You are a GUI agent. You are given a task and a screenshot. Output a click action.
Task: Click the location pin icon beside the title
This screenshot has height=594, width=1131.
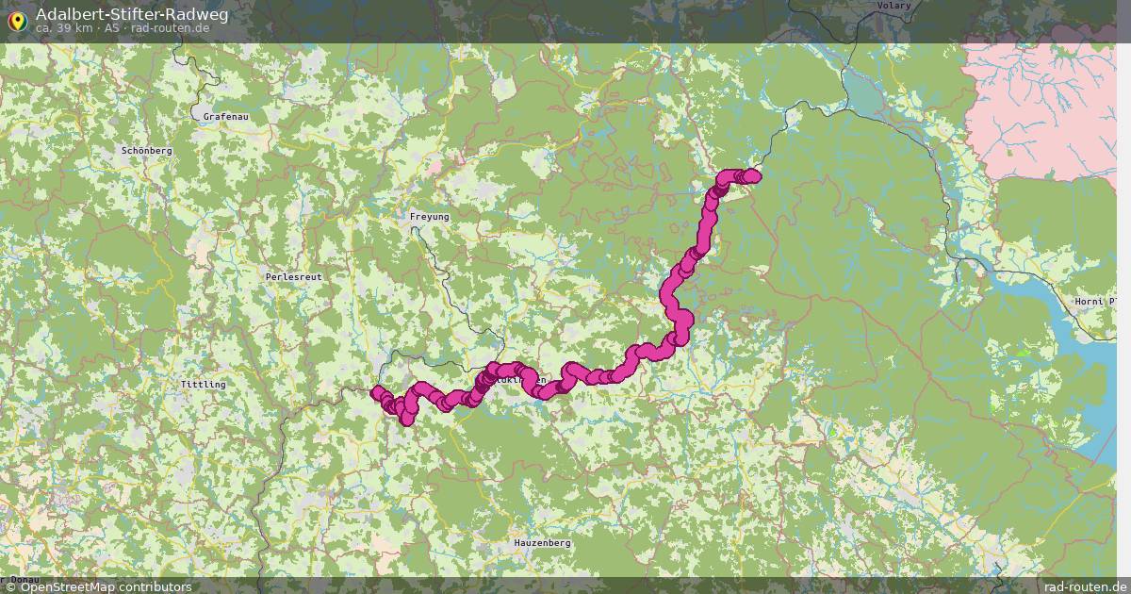[x=17, y=20]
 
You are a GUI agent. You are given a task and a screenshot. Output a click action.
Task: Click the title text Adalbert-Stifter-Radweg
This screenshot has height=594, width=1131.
[x=131, y=14]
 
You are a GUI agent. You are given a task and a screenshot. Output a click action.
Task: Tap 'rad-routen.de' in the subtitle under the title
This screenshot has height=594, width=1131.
[x=170, y=28]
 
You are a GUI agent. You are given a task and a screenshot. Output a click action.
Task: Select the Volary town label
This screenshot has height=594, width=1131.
[x=893, y=6]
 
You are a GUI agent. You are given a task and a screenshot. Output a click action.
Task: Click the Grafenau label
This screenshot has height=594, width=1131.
[x=225, y=117]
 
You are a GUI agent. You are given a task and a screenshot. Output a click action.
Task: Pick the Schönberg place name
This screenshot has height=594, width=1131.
[x=146, y=151]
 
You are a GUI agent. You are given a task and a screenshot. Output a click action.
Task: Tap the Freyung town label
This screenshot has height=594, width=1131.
[x=430, y=217]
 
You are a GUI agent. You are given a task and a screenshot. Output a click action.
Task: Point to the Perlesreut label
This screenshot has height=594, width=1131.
[x=294, y=277]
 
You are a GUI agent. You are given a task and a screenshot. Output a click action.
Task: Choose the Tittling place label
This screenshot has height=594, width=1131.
[x=203, y=385]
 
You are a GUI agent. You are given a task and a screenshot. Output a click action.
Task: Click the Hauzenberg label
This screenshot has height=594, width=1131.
[x=543, y=544]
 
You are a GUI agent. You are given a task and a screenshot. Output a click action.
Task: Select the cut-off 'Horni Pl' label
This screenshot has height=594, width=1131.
[x=1096, y=302]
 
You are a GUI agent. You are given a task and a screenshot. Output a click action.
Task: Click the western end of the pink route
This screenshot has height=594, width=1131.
[x=377, y=392]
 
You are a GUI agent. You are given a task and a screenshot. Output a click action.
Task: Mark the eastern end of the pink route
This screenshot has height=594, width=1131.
[x=754, y=175]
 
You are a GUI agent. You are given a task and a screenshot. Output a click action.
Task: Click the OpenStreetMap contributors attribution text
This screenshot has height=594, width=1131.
[x=98, y=586]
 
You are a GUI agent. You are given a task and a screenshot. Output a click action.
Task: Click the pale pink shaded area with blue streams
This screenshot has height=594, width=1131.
[x=1041, y=104]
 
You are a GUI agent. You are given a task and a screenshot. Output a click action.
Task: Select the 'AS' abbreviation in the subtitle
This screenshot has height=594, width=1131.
[x=112, y=28]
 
